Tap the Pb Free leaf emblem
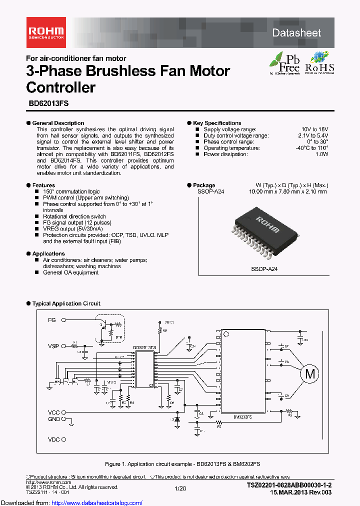pos(285,63)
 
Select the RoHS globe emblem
pos(319,63)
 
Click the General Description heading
pos(58,123)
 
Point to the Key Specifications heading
pos(217,123)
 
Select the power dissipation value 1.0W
pos(321,154)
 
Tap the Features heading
pos(43,185)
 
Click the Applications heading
pos(48,254)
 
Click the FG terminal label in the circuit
pos(52,319)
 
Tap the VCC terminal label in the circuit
pos(53,412)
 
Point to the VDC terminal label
pos(53,439)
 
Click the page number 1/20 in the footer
pos(179,488)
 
